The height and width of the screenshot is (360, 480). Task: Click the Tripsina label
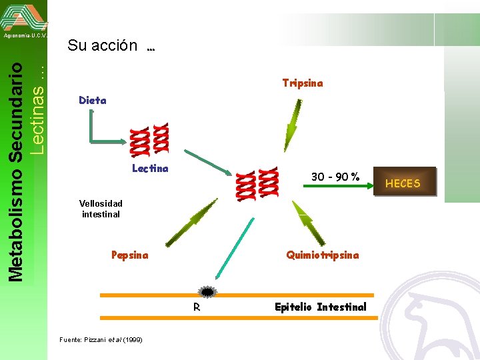pyautogui.click(x=302, y=83)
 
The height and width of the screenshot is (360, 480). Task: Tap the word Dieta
pyautogui.click(x=92, y=101)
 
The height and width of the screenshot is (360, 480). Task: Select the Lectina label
pyautogui.click(x=150, y=169)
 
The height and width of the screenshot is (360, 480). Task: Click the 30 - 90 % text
pyautogui.click(x=335, y=177)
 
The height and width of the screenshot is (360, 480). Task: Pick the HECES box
pyautogui.click(x=403, y=183)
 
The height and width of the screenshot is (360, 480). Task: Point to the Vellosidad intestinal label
pyautogui.click(x=101, y=209)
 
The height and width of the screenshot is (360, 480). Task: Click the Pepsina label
pyautogui.click(x=130, y=255)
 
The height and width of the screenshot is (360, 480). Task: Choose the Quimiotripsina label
pyautogui.click(x=322, y=255)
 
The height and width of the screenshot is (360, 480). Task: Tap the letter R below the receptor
pyautogui.click(x=197, y=307)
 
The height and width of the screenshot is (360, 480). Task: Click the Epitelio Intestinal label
pyautogui.click(x=321, y=307)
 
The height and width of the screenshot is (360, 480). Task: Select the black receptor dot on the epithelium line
pyautogui.click(x=207, y=292)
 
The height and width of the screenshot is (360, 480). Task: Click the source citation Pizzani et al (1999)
pyautogui.click(x=101, y=340)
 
